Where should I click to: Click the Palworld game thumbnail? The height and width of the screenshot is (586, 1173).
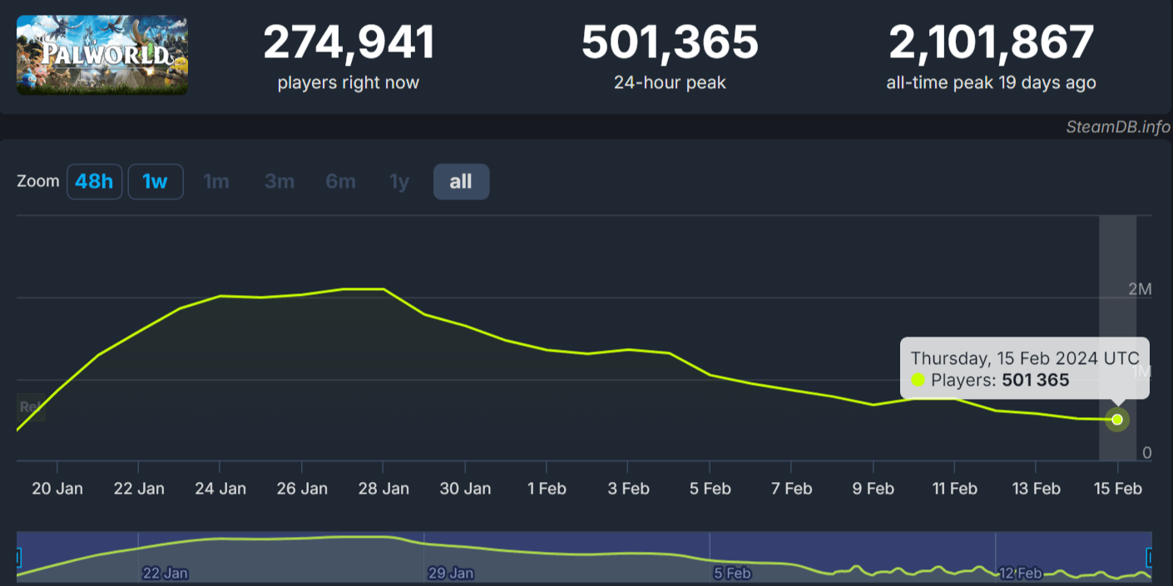pos(102,55)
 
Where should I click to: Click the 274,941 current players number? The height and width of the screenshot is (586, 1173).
pos(349,43)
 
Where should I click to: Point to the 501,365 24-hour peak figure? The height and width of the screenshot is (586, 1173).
pos(670,43)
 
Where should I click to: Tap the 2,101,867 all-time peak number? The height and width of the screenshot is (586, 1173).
pos(991,43)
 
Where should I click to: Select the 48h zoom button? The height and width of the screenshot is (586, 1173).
pos(94,182)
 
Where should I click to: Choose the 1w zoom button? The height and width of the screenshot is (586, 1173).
pos(155,182)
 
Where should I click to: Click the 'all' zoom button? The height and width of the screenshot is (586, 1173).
pos(461,182)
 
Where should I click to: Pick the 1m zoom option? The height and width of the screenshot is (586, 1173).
pos(216,182)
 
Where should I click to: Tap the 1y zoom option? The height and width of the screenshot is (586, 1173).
pos(400,182)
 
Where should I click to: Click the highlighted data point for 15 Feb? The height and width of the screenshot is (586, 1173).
pos(1117,420)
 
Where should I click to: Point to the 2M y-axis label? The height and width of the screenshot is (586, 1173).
pos(1140,289)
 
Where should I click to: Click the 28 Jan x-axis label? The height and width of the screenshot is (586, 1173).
pos(383,489)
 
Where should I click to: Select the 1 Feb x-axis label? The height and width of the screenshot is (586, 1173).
pos(547,489)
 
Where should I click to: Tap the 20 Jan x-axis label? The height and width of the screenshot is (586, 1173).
pos(57,489)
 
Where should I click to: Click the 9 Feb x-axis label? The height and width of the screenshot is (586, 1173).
pos(873,489)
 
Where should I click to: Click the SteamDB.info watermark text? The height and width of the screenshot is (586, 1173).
pos(1118,127)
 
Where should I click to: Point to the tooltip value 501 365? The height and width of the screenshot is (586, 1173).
pos(1035,381)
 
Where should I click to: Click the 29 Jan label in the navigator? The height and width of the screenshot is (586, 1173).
pos(451,574)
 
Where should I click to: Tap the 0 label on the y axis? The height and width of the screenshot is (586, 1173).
pos(1146,453)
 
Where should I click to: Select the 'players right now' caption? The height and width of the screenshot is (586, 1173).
pos(349,83)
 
